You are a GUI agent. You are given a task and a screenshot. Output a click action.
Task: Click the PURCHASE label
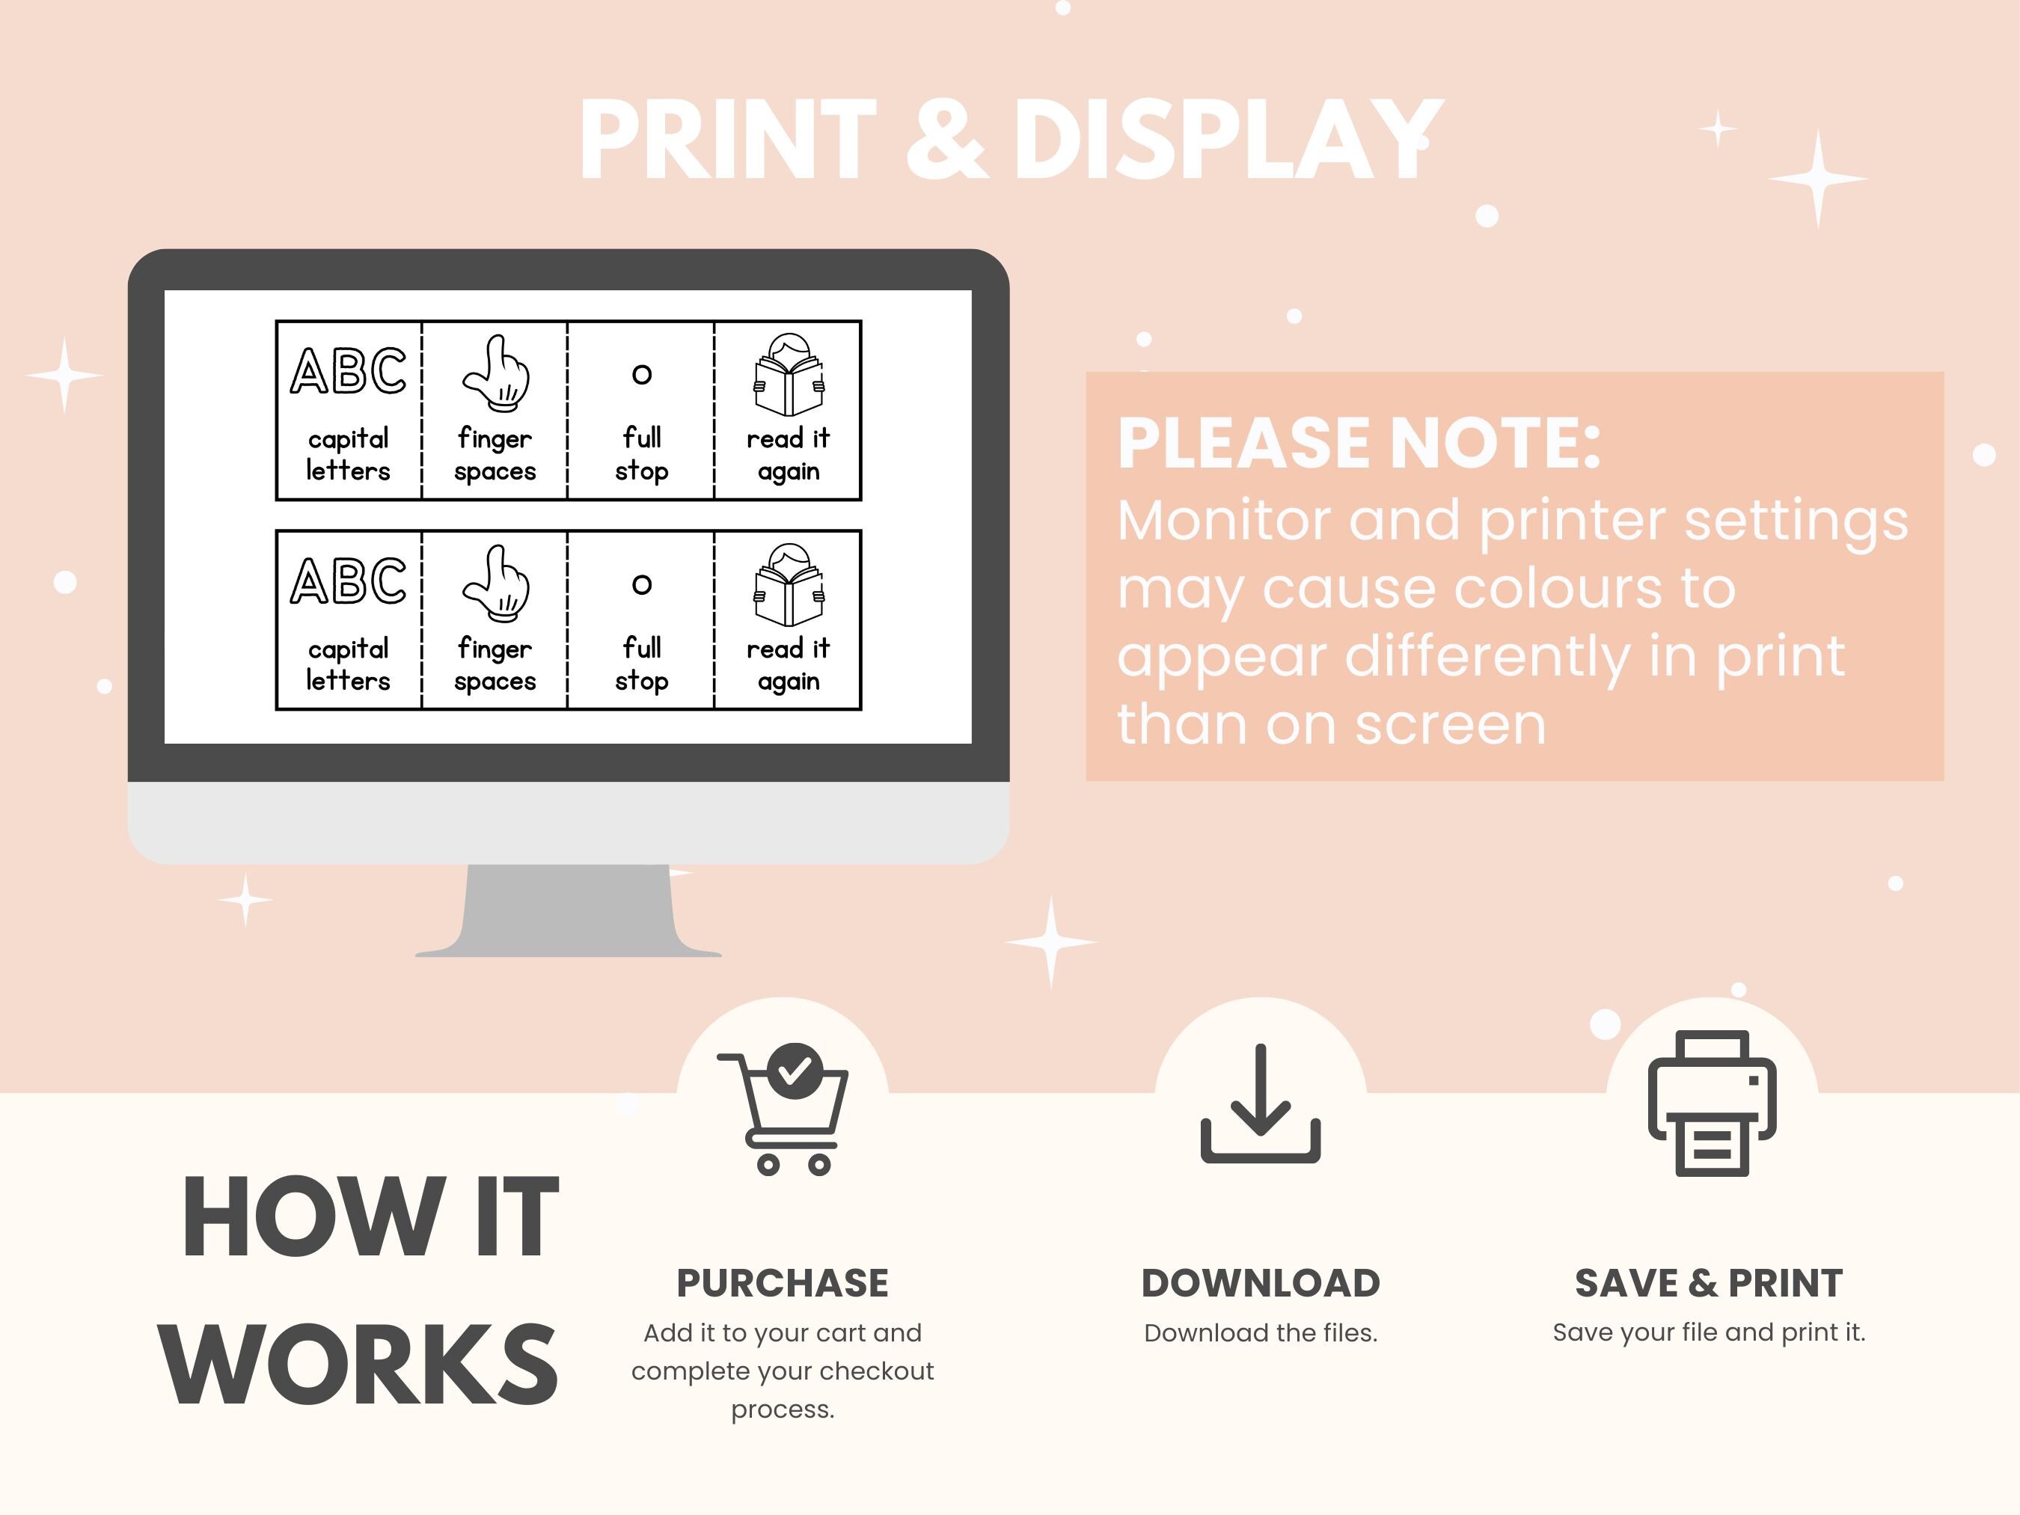[782, 1283]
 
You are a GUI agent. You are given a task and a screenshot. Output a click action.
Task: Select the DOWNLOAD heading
[1260, 1283]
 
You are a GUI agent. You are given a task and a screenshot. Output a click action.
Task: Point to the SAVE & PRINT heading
[1709, 1283]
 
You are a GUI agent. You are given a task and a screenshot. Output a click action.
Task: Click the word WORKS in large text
[358, 1366]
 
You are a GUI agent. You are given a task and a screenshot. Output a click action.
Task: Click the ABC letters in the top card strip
[348, 371]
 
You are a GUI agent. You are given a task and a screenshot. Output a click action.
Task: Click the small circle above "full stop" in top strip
[642, 373]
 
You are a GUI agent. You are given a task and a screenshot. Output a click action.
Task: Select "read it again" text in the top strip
[788, 454]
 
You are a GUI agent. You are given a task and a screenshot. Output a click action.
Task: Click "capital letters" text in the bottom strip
[348, 664]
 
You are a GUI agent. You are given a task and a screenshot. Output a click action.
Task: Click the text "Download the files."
[1260, 1333]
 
